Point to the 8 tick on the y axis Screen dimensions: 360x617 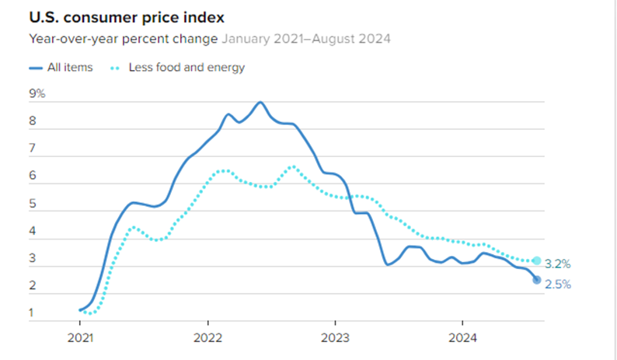tap(33, 121)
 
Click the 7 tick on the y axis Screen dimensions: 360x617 tap(33, 149)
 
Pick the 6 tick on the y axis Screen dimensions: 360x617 tap(33, 177)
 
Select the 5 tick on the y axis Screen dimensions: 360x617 tap(33, 204)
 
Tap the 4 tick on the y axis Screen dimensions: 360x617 tap(33, 232)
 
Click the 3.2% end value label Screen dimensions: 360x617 tap(558, 263)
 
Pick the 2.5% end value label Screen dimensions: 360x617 tap(558, 285)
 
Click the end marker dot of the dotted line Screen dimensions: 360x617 tap(536, 260)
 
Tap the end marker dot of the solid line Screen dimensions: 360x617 tap(536, 280)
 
